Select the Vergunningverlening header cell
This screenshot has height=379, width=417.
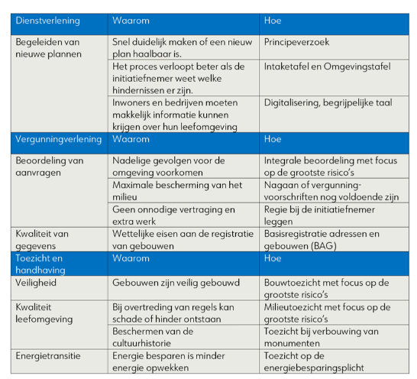tap(57, 140)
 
